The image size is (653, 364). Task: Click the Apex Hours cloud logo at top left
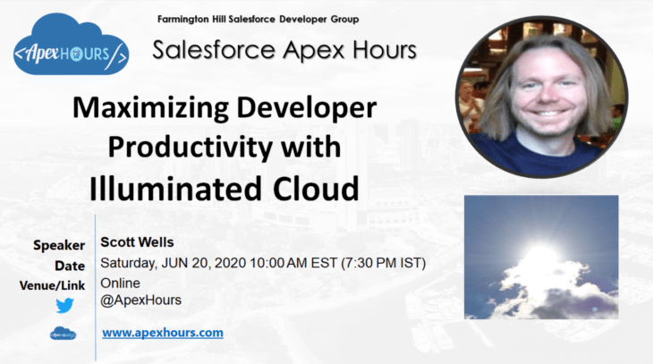click(x=72, y=52)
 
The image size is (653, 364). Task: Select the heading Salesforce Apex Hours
click(x=284, y=50)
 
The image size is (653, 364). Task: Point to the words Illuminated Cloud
click(x=224, y=188)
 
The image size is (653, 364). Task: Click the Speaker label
click(x=59, y=245)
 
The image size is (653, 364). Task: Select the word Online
click(x=121, y=284)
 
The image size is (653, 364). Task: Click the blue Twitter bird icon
click(x=64, y=306)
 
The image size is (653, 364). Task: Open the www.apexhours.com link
click(x=162, y=333)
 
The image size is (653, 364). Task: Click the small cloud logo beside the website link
click(x=63, y=334)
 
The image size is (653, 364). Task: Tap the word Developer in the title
click(x=303, y=109)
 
